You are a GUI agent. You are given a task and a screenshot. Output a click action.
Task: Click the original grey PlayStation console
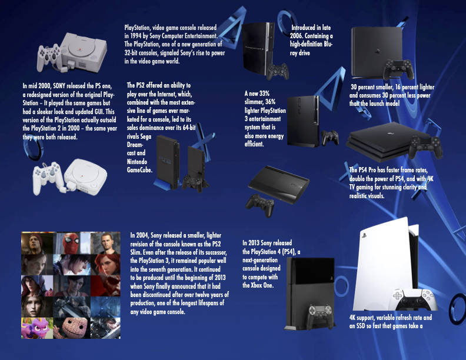pyautogui.click(x=82, y=51)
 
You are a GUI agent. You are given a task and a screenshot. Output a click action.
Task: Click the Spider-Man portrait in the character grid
pyautogui.click(x=71, y=244)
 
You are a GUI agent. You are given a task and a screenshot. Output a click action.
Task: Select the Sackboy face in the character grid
pyautogui.click(x=72, y=328)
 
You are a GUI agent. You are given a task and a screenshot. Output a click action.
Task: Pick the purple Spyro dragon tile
pyautogui.click(x=37, y=328)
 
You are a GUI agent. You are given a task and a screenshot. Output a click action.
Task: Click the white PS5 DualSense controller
pyautogui.click(x=413, y=299)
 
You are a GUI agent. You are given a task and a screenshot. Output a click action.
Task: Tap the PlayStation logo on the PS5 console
pyautogui.click(x=364, y=236)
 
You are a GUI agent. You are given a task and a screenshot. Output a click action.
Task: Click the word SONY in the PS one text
pyautogui.click(x=59, y=86)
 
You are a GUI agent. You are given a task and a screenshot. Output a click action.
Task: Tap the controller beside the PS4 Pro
pyautogui.click(x=425, y=147)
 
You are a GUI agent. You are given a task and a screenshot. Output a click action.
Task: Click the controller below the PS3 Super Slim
pyautogui.click(x=260, y=205)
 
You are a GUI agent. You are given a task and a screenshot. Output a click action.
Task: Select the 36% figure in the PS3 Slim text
pyautogui.click(x=270, y=102)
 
